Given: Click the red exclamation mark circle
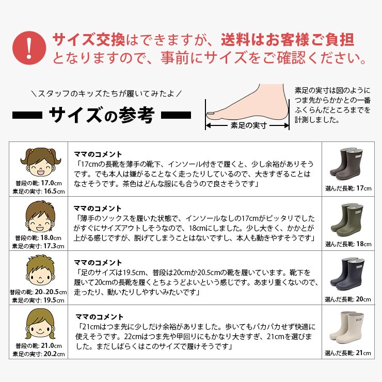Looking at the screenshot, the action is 29,47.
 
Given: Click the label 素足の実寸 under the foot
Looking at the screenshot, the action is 249,125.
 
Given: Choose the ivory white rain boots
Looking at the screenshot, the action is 347,327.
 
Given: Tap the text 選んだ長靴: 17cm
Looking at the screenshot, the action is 348,188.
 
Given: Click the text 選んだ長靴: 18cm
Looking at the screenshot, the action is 348,244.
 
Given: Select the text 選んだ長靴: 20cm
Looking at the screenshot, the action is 347,299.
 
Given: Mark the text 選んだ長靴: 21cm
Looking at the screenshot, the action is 347,353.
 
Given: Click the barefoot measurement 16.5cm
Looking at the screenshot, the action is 54,192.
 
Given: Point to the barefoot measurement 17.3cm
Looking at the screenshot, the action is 54,246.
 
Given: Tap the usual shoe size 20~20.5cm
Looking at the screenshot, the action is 51,292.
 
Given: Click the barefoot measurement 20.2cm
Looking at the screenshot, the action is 54,354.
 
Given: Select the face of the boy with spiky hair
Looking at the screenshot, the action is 40,270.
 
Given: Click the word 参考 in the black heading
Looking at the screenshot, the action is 136,115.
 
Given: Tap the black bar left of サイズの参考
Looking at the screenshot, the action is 27,115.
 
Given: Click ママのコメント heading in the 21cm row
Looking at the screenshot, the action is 100,317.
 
